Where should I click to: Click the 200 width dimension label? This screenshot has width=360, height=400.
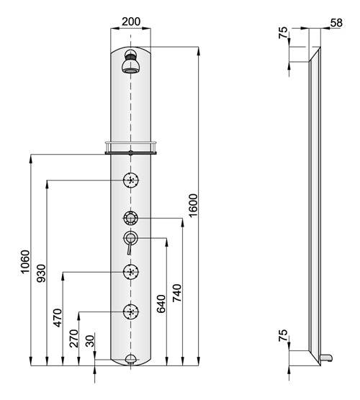[131, 22]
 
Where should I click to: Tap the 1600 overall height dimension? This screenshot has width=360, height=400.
[193, 206]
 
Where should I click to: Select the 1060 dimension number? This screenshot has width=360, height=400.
[25, 262]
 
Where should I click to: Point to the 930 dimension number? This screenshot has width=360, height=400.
[41, 273]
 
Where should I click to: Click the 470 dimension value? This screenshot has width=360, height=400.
[58, 318]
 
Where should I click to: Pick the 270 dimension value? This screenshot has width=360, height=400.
[73, 339]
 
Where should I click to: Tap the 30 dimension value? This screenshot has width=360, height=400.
[90, 341]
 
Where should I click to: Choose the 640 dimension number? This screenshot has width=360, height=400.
[161, 304]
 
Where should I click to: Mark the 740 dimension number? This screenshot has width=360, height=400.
[177, 293]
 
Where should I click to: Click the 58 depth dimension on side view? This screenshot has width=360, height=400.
[336, 23]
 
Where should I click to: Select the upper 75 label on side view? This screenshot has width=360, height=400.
[283, 32]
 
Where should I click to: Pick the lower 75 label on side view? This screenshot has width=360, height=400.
[283, 335]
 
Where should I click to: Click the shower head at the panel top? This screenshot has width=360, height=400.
[131, 61]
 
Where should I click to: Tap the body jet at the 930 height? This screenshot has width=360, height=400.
[131, 180]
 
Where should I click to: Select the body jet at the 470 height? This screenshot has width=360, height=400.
[131, 272]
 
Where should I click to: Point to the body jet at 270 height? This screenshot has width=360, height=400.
[131, 312]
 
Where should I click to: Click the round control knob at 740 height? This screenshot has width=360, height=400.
[131, 218]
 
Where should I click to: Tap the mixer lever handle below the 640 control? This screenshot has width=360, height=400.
[130, 247]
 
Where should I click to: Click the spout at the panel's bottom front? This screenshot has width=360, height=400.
[131, 359]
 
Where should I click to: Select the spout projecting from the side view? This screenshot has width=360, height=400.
[327, 358]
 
